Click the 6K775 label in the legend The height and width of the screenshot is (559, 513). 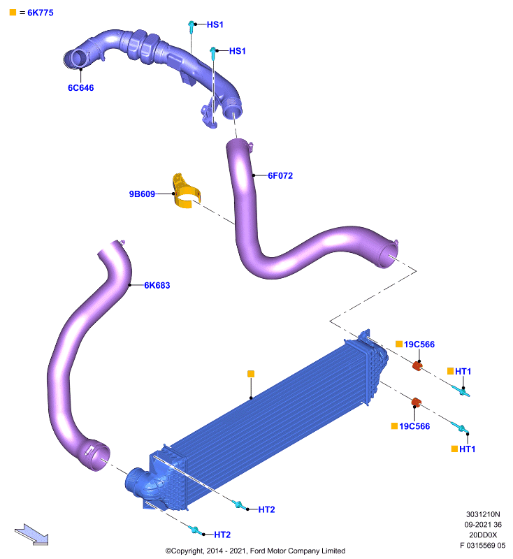(x=41, y=13)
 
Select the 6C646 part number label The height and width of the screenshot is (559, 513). (x=80, y=88)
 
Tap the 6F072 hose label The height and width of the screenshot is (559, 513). (x=280, y=175)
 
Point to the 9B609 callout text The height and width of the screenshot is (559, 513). (x=142, y=194)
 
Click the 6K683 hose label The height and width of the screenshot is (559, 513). (x=157, y=285)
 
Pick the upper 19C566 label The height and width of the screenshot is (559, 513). (x=419, y=344)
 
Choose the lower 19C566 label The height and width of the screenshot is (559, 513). (x=414, y=426)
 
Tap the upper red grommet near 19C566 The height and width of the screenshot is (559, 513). (x=417, y=365)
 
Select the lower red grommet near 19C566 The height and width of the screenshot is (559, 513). (x=416, y=402)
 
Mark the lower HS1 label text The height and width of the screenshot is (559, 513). (x=237, y=51)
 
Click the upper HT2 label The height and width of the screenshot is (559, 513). (x=266, y=509)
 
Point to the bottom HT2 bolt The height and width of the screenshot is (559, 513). (x=196, y=530)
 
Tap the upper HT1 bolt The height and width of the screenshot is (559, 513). (x=461, y=391)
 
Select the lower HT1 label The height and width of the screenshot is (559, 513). (x=467, y=449)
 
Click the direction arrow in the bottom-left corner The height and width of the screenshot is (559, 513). (x=31, y=535)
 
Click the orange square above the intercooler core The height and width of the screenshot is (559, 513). (x=251, y=374)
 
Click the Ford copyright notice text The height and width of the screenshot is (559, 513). (x=255, y=551)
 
